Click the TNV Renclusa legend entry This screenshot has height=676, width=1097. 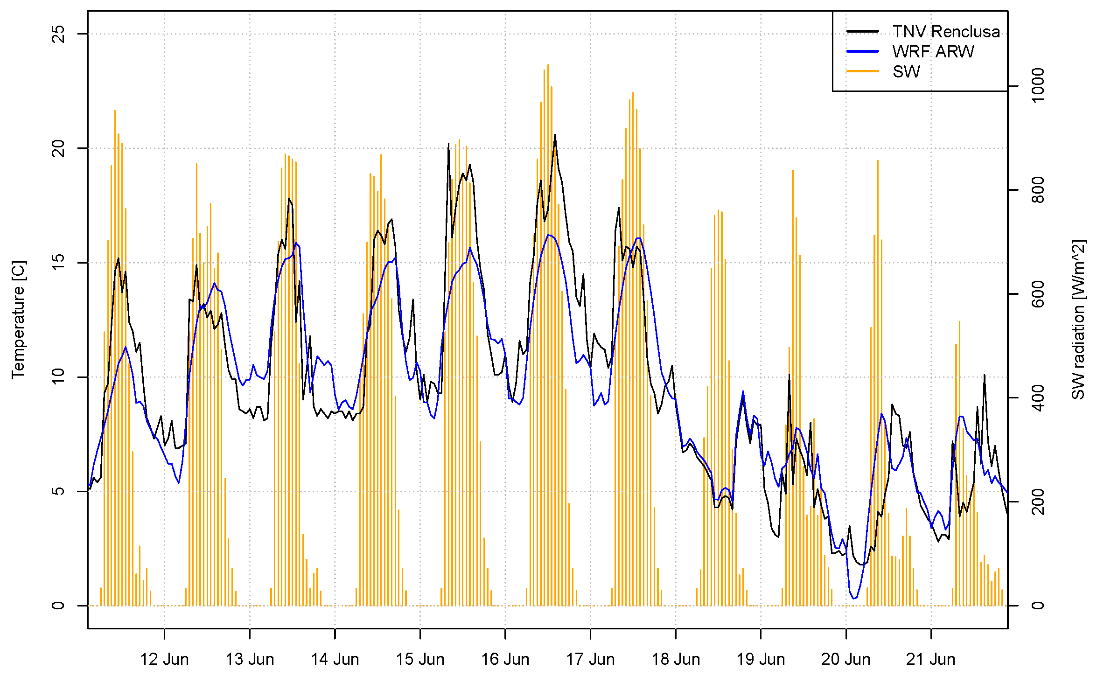point(946,32)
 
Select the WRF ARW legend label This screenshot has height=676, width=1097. point(933,52)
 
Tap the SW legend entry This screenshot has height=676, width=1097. point(906,72)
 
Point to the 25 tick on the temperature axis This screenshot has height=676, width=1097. point(58,34)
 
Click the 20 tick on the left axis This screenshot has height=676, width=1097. point(58,148)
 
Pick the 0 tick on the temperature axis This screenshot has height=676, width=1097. point(58,606)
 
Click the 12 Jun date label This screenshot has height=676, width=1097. point(164,659)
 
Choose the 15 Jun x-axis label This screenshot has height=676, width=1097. point(420,659)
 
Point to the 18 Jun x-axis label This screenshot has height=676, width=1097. point(676,659)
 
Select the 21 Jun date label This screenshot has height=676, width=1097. point(931,659)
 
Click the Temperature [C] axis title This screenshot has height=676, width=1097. point(19,320)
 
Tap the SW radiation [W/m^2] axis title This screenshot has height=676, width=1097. point(1078,320)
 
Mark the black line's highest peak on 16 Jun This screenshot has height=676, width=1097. point(555,135)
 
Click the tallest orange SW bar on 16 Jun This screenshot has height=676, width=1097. point(548,65)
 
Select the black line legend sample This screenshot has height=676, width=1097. point(862,32)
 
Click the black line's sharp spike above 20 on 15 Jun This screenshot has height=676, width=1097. point(448,144)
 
